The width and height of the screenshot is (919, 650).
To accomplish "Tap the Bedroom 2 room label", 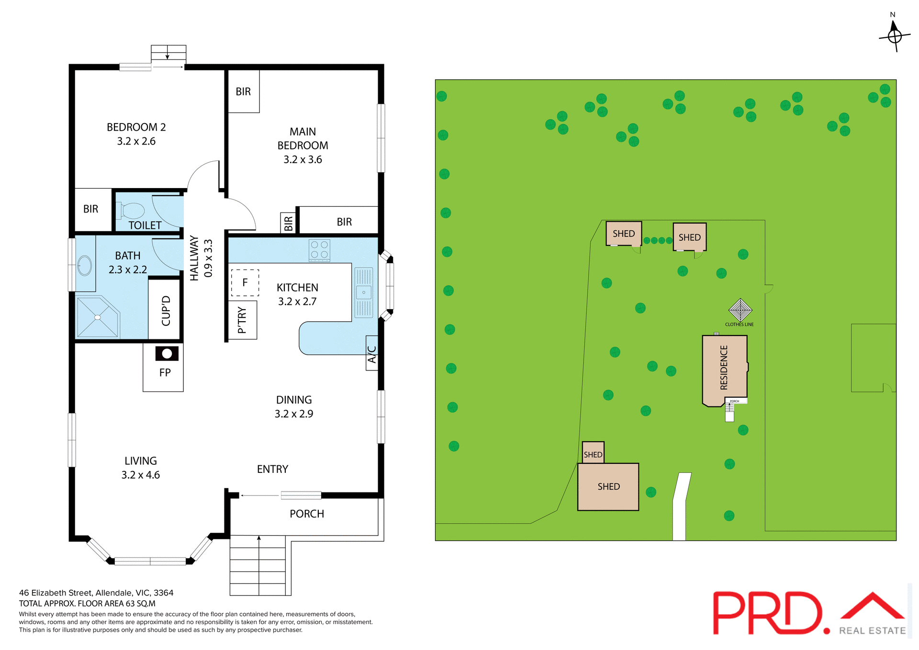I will pos(136,127).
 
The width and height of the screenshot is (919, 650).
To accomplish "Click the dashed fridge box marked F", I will pos(245,282).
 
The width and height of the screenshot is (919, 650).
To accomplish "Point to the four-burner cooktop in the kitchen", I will pos(319,250).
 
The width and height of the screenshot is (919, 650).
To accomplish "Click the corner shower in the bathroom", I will pos(98,317).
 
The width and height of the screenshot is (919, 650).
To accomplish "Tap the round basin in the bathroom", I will pos(85,266).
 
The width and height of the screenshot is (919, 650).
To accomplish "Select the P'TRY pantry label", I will pos(242,320).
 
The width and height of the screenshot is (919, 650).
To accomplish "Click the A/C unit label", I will pos(372,354).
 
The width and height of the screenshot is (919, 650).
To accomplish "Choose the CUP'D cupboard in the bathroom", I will pos(166,310).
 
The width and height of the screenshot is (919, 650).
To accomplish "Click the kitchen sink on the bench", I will pos(364,292).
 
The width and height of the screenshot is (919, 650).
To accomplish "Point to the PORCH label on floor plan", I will pos(307,514).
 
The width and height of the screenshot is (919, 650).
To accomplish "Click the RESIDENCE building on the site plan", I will pos(724,369).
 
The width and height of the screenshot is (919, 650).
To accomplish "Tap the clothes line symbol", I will pos(740,310).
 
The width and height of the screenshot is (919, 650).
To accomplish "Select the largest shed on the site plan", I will pos(608,487).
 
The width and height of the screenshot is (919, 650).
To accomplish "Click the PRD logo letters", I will pos(766,613).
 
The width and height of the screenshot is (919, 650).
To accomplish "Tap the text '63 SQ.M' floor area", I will pos(140,604).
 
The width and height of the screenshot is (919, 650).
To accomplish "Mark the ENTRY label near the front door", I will pos(272,469).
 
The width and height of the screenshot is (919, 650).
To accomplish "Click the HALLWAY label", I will pos(194,258).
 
